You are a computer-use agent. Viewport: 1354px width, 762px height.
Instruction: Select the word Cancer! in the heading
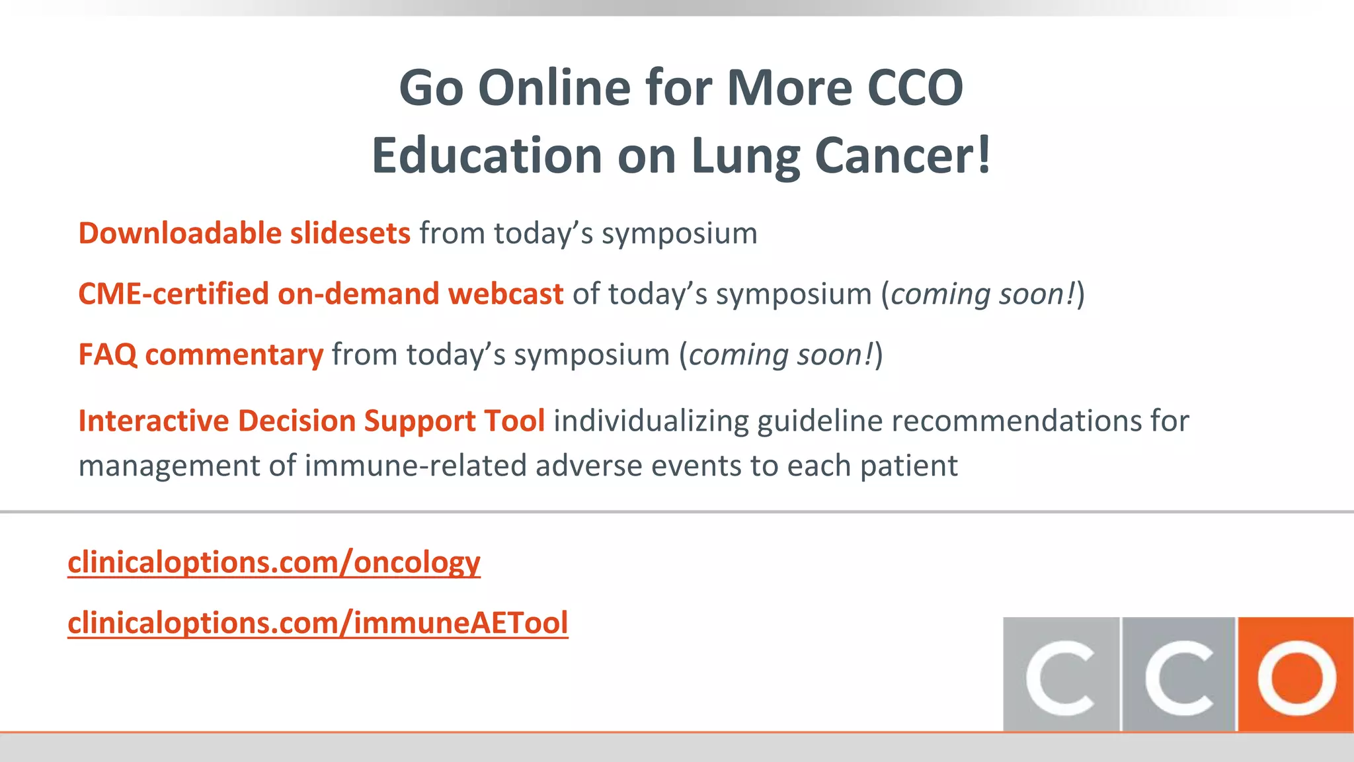click(903, 156)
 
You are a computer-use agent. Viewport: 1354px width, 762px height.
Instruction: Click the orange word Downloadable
click(180, 233)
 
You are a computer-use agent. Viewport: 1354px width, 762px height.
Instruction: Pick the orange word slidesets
click(350, 233)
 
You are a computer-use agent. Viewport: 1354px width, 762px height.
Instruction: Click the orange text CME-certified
click(173, 294)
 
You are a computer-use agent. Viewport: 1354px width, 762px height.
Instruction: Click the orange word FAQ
click(107, 355)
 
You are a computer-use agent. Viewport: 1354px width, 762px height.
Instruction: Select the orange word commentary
click(234, 355)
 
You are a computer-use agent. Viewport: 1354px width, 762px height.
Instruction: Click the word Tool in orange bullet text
click(514, 421)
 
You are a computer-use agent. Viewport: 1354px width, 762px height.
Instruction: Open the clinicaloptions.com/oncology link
click(274, 563)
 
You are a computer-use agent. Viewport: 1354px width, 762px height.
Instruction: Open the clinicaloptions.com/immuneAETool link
click(317, 623)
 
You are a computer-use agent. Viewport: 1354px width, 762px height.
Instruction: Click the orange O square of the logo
click(1295, 675)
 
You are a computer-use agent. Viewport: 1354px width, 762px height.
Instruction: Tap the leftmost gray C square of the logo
click(1060, 675)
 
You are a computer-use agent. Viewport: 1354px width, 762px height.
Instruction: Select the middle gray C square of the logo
click(1179, 675)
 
